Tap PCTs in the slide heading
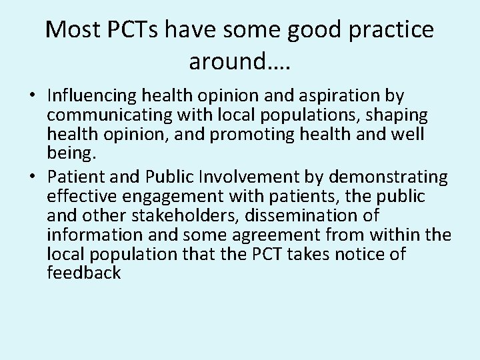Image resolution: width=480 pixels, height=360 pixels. point(139,29)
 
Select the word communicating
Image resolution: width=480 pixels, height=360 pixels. point(109,116)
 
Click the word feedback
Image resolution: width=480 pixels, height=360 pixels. point(85,274)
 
